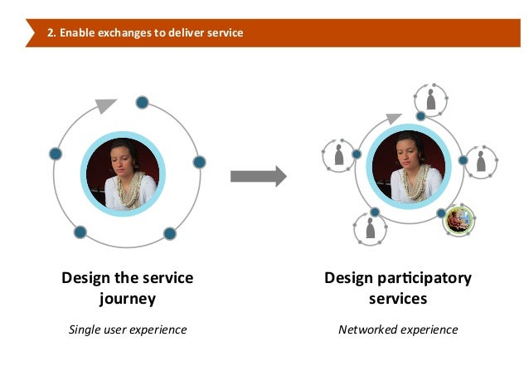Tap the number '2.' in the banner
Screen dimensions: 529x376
[x=52, y=34]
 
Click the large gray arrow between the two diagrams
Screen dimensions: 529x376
[x=258, y=176]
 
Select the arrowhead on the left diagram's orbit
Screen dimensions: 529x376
[x=106, y=105]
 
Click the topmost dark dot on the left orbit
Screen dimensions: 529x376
[x=142, y=102]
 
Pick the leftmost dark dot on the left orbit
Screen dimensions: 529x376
[x=56, y=154]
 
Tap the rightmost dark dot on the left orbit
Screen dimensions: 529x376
[x=198, y=161]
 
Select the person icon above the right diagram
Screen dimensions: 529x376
[x=430, y=97]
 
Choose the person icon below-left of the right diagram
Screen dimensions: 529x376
[x=371, y=227]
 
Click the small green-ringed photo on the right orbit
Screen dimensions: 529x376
[x=458, y=219]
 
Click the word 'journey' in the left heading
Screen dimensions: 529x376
[x=127, y=297]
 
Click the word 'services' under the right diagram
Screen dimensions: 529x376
[x=398, y=297]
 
